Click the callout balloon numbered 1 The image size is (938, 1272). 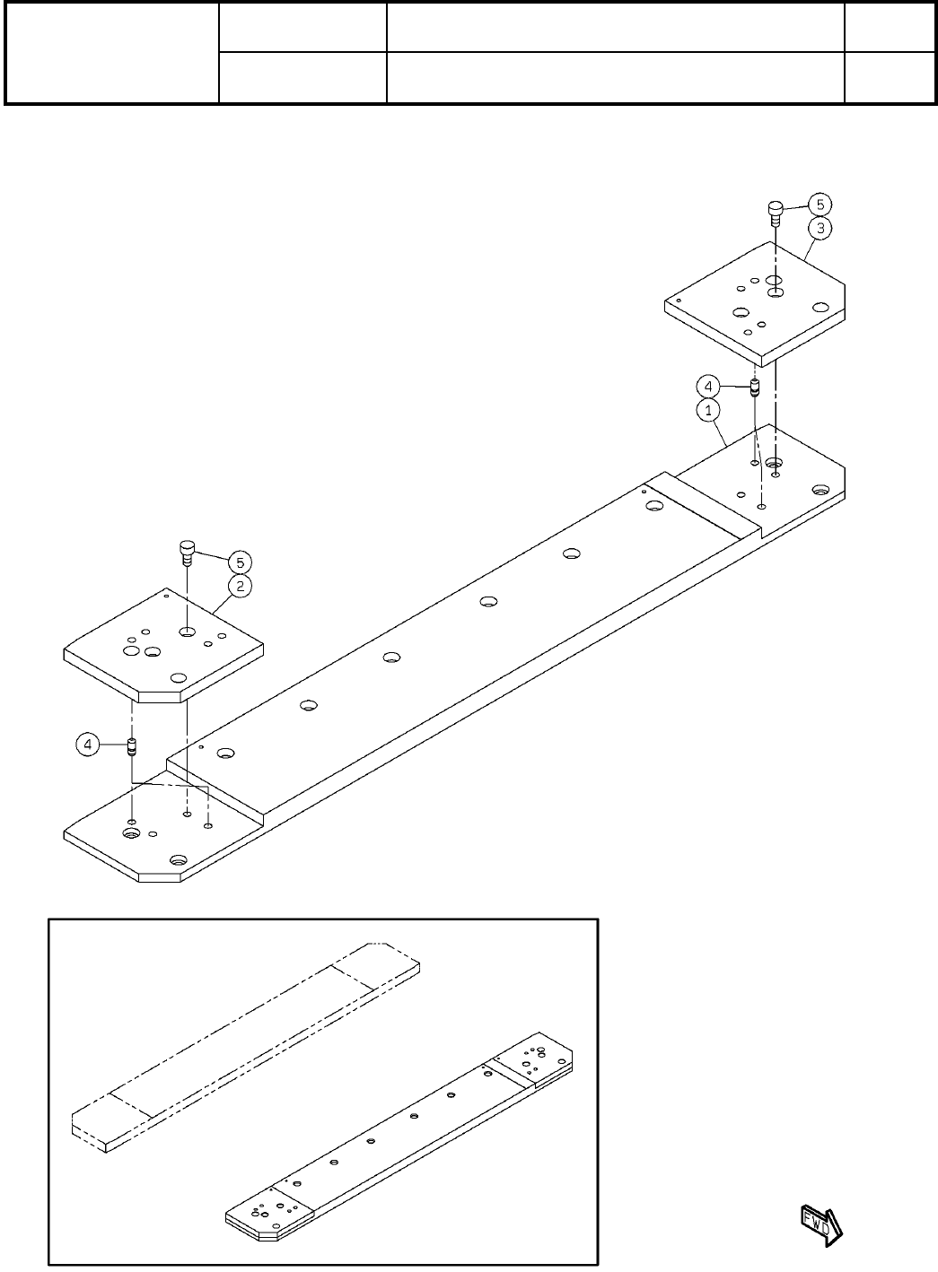[x=708, y=410]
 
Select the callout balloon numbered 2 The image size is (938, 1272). [x=239, y=586]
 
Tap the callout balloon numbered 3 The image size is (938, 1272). [x=819, y=227]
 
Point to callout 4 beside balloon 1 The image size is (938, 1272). [x=708, y=387]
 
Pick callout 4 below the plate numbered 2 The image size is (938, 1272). [x=87, y=744]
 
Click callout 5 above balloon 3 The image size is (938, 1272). [x=819, y=204]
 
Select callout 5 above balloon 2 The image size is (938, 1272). [x=239, y=562]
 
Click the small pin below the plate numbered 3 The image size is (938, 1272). [x=755, y=388]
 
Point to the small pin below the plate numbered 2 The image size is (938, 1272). [x=131, y=745]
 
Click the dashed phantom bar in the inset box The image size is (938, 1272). [x=242, y=1050]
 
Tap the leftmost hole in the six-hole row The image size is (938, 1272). [x=224, y=754]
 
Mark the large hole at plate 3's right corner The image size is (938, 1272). [x=819, y=307]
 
